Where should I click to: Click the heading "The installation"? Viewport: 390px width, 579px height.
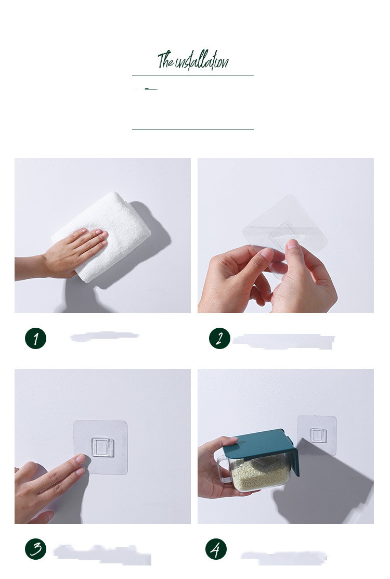pos(193,60)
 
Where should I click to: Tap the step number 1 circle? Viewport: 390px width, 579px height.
pos(35,338)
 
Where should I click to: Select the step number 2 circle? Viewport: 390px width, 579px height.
pos(219,338)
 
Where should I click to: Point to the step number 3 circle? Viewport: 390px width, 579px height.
pos(35,549)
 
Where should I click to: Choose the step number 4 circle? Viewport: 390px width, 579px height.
pos(216,549)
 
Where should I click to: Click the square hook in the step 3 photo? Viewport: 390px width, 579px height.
pos(103,447)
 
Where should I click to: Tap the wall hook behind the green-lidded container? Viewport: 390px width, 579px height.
pos(318,435)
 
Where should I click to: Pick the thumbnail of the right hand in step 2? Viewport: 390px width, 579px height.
pos(293,243)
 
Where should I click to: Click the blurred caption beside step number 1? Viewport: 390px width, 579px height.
pos(105,337)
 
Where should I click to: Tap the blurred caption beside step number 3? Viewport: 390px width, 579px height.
pos(102,554)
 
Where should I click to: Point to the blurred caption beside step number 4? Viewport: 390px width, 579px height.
pos(284,557)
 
